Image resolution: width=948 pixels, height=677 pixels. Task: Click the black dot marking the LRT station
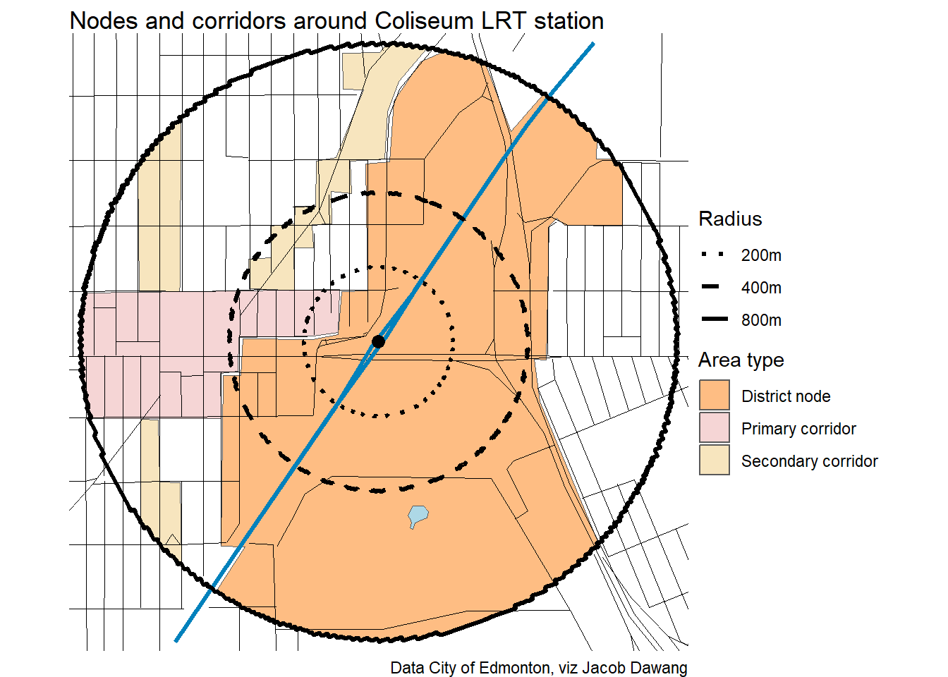(378, 341)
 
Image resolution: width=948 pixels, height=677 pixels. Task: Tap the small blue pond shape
(418, 516)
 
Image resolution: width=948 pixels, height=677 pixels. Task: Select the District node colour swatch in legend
(714, 396)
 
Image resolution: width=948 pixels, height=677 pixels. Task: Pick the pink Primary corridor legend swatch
(714, 428)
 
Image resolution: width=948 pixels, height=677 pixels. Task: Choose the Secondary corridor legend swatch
(714, 461)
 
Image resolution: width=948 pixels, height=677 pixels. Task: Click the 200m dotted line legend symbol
(713, 255)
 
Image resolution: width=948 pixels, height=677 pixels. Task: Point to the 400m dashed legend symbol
(713, 287)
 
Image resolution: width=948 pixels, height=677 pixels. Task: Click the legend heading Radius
(730, 219)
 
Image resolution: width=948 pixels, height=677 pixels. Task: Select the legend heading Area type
(741, 360)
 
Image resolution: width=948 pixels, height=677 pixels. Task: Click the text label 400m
(761, 288)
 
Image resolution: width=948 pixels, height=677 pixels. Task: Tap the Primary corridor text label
(798, 429)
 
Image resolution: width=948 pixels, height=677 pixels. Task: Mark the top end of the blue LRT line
(592, 44)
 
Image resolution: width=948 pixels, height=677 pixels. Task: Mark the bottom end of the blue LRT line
(176, 640)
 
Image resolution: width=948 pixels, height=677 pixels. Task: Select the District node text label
(786, 396)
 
